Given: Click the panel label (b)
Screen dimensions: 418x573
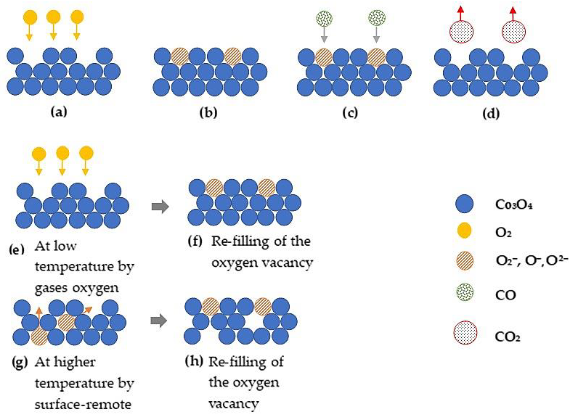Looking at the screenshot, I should pos(208,113).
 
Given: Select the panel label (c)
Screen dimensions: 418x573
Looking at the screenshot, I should pos(350,113).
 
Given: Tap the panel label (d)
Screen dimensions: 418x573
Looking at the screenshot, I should pos(491,114).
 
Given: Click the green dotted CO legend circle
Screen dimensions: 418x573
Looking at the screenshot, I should pos(464,292).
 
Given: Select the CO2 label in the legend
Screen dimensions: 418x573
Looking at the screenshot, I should pos(507,337).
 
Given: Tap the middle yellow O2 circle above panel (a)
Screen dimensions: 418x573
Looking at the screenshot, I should pos(53,17).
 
